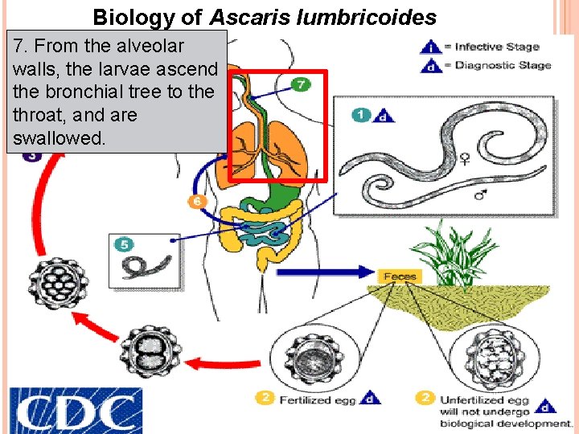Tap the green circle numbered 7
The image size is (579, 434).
coord(300,84)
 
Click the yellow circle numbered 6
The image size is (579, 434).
coord(195,201)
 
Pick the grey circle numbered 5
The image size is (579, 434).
coord(125,244)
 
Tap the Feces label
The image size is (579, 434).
coord(400,276)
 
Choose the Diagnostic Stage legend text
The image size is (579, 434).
coord(503,65)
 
